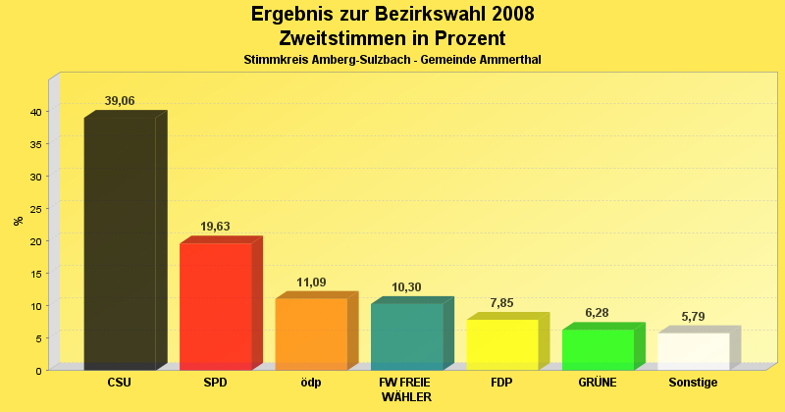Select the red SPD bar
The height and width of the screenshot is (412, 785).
tap(216, 306)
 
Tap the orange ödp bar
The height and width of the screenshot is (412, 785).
tap(311, 334)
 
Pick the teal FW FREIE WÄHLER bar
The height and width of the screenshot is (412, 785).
tap(406, 336)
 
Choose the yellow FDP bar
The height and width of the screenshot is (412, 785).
tap(502, 344)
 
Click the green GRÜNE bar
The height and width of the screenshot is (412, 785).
tap(598, 349)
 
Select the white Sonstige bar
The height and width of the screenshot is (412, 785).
tap(694, 351)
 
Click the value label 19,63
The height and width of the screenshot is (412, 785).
tap(216, 227)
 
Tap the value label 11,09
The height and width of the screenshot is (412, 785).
tap(311, 283)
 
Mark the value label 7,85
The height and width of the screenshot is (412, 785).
tap(502, 303)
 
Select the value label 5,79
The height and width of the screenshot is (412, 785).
tap(694, 317)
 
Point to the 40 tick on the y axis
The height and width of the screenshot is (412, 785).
tap(34, 112)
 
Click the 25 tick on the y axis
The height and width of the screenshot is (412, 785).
tap(34, 209)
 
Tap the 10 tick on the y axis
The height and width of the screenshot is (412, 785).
tap(34, 306)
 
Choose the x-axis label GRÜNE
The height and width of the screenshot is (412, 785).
tap(598, 383)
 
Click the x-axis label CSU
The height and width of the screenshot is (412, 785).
tap(120, 383)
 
